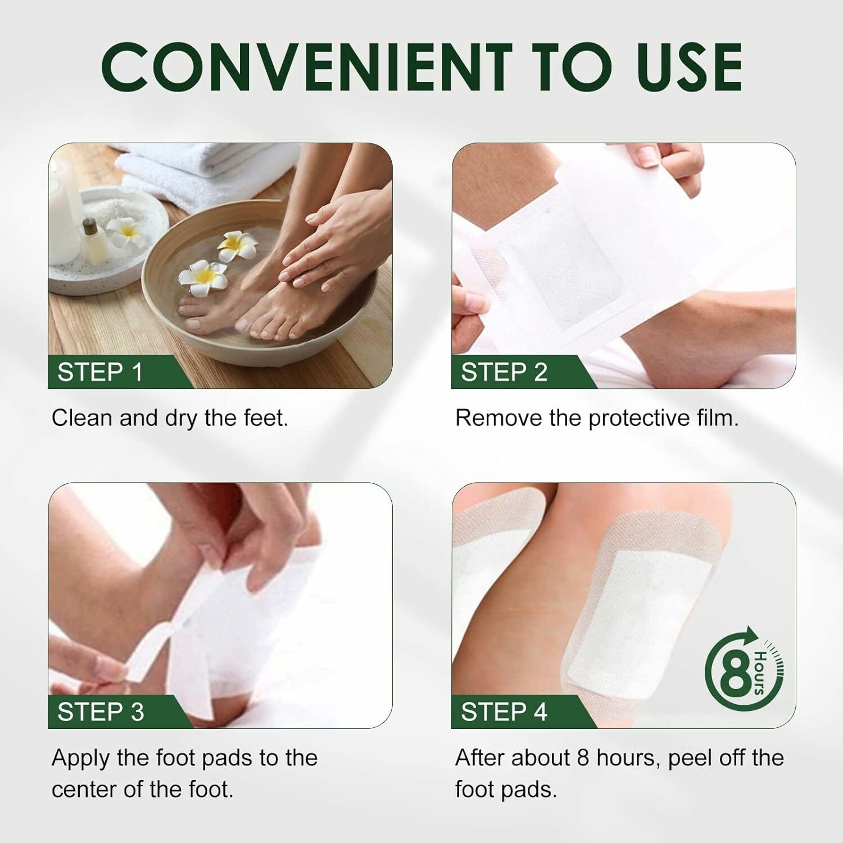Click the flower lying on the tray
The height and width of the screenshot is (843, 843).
(125, 232)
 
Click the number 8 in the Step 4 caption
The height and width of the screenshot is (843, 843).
(583, 758)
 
